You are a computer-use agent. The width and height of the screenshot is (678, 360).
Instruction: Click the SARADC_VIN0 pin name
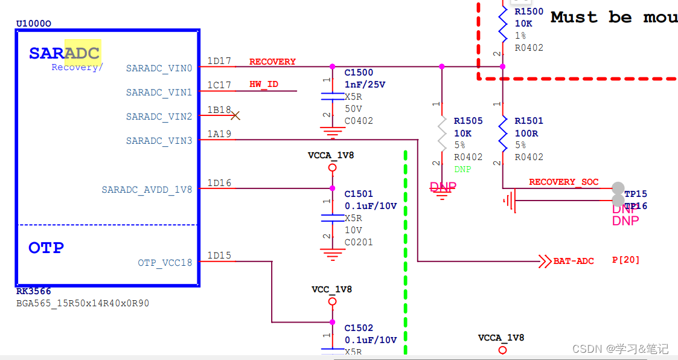[x=159, y=68]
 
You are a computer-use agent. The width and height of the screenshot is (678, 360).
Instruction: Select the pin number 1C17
[x=219, y=85]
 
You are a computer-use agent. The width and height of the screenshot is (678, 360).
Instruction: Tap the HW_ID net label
[x=264, y=85]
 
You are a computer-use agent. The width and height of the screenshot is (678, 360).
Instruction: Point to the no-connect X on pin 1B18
[x=235, y=115]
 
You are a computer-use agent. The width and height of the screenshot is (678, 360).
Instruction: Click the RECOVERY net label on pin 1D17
[x=272, y=62]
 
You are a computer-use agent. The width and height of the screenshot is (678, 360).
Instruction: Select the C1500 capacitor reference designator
[x=359, y=73]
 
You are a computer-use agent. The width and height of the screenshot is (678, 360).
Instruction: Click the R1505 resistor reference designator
[x=469, y=121]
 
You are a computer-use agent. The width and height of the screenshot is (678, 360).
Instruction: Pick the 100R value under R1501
[x=526, y=133]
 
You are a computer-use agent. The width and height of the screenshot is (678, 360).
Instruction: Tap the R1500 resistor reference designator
[x=529, y=11]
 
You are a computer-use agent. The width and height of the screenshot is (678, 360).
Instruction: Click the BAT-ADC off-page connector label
[x=574, y=261]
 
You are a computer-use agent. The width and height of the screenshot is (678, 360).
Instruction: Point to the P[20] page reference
[x=625, y=260]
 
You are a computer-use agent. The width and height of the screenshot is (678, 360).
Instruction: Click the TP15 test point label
[x=636, y=194]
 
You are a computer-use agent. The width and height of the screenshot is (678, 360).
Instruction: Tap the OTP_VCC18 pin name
[x=165, y=263]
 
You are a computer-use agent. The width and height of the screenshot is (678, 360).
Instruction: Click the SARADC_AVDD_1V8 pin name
[x=147, y=190]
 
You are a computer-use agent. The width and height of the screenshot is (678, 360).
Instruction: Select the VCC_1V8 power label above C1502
[x=331, y=289]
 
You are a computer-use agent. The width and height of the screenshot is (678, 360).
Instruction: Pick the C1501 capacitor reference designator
[x=359, y=194]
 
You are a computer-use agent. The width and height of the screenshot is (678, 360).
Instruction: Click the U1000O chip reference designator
[x=33, y=24]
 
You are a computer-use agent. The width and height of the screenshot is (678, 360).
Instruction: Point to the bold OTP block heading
[x=46, y=248]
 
